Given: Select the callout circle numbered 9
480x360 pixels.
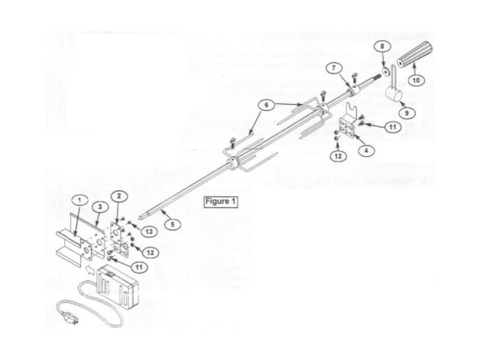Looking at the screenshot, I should (406, 112).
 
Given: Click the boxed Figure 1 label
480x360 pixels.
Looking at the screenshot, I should (220, 201).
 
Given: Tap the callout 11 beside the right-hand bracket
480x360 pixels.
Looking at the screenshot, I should (387, 127).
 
